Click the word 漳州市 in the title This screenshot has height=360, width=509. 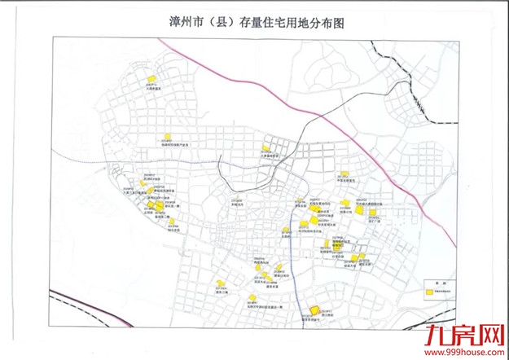180,24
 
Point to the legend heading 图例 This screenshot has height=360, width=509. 441,279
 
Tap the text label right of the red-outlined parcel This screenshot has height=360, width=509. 329,311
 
